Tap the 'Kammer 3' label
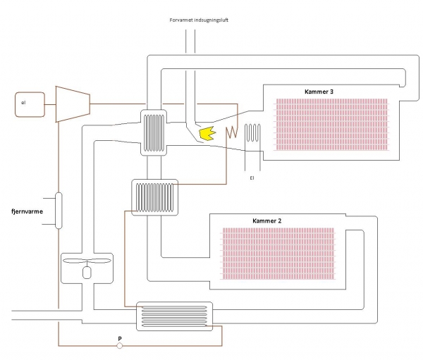tap(319, 92)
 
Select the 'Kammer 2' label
tap(267, 221)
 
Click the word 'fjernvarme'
tap(27, 211)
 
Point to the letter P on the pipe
tap(120, 339)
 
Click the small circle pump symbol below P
tap(120, 346)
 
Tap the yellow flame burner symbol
tap(207, 132)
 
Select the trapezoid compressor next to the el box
tap(71, 104)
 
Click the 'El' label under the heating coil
tap(252, 178)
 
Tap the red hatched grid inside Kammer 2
tap(282, 252)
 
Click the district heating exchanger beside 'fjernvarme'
tap(58, 210)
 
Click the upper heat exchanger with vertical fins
tap(154, 132)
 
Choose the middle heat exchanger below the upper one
tap(155, 196)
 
